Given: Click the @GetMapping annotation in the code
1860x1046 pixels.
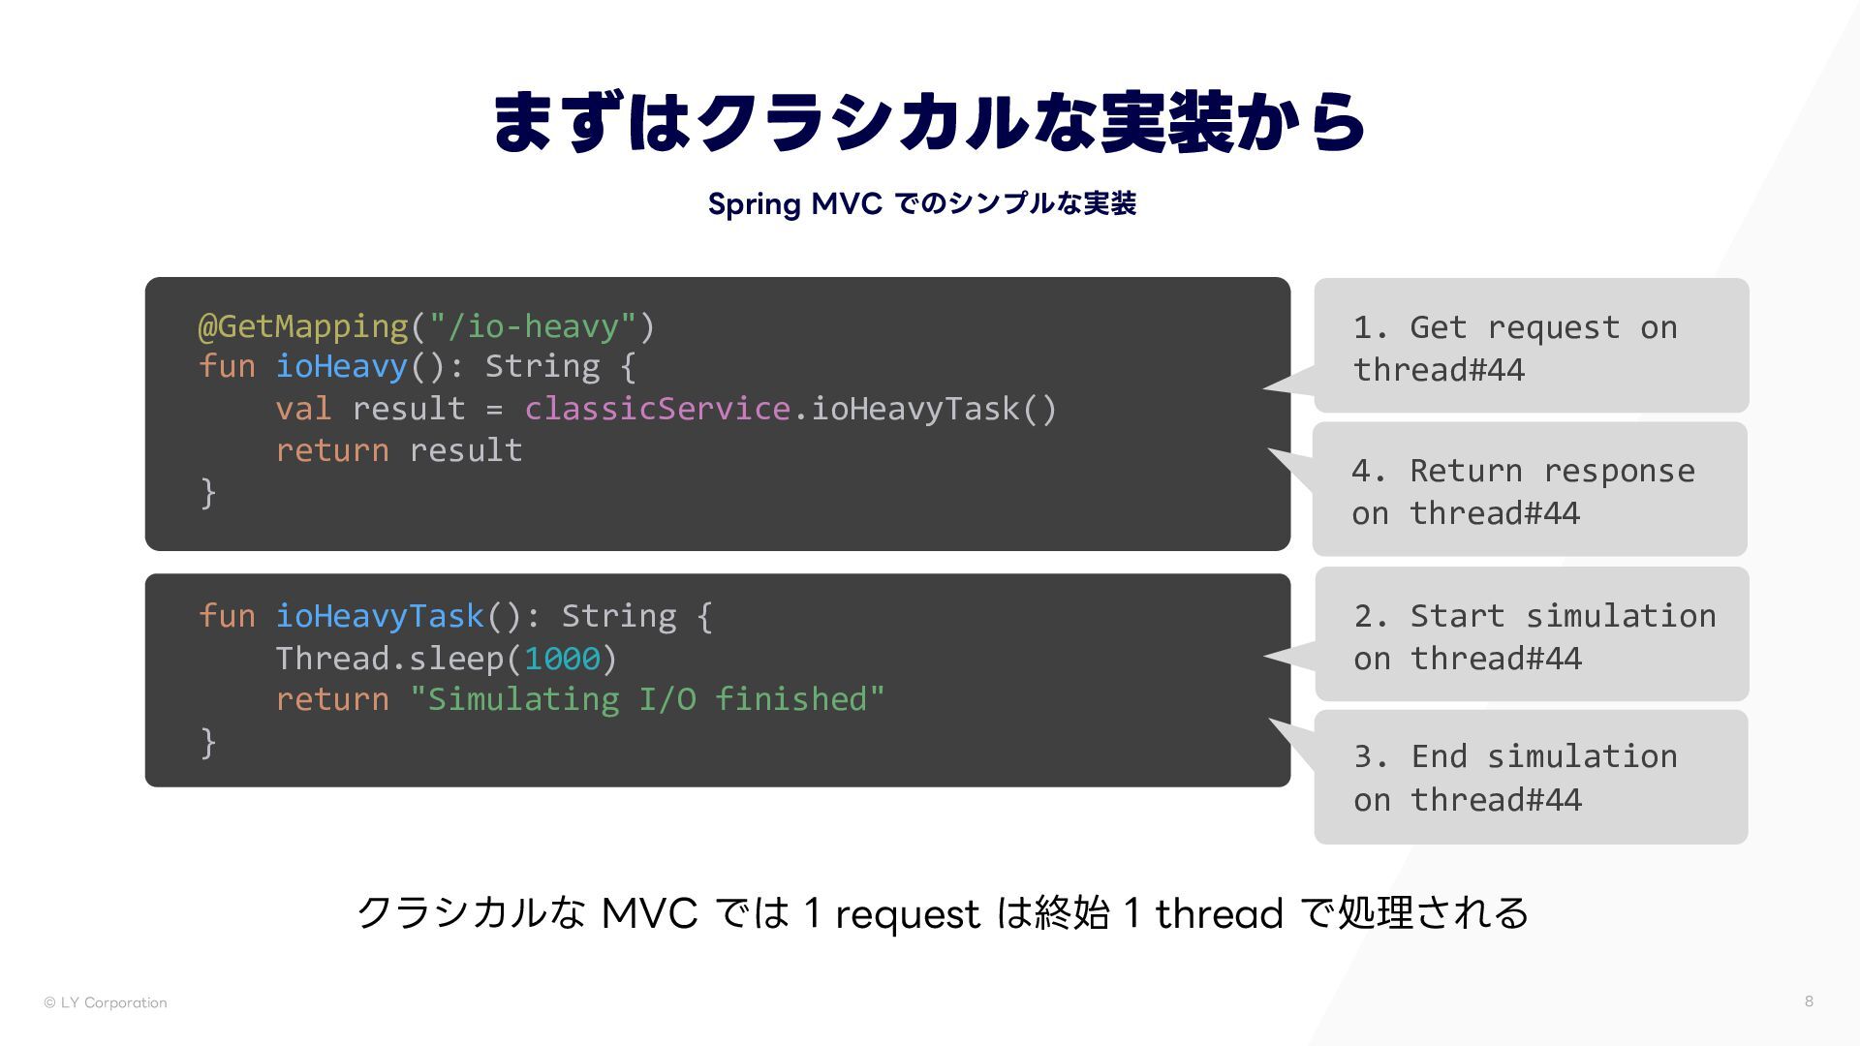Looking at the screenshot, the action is point(303,326).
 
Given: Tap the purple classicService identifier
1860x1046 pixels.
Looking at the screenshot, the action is point(657,409).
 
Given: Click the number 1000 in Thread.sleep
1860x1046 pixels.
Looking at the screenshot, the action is point(562,659).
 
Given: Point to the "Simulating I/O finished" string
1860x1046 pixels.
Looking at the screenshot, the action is point(647,699).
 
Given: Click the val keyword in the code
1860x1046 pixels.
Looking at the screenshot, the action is point(303,409).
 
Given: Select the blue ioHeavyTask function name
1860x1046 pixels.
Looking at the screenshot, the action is point(380,616).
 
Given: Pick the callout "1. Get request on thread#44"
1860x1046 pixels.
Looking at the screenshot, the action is point(1531,347).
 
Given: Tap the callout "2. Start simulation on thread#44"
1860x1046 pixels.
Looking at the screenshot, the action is point(1532,635).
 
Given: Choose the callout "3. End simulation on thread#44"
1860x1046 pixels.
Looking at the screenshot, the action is point(1531,777).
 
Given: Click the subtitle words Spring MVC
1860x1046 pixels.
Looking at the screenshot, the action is point(794,204).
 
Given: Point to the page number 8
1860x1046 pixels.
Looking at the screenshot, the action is point(1809,1001).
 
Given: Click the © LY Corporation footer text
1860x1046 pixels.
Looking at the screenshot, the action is point(106,1002).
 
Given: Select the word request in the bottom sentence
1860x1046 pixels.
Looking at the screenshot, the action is point(907,913).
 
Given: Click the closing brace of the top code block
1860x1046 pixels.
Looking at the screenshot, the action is point(207,492).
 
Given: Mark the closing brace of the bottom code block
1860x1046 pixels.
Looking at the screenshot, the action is point(207,742).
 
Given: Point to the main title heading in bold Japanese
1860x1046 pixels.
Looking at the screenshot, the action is point(929,123).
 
